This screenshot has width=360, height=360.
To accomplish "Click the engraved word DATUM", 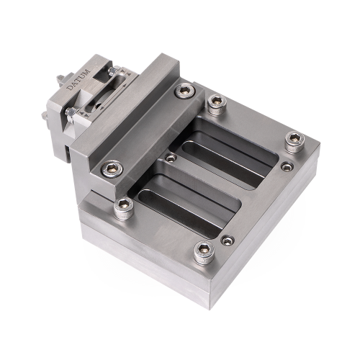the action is pyautogui.click(x=78, y=79).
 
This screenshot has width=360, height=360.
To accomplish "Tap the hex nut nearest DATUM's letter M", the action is pyautogui.click(x=112, y=71).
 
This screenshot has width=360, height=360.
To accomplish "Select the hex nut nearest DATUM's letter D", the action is pyautogui.click(x=71, y=113).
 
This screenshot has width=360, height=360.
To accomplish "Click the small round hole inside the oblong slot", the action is pyautogui.click(x=97, y=106).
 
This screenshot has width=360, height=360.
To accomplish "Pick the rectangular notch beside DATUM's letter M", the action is pyautogui.click(x=103, y=76).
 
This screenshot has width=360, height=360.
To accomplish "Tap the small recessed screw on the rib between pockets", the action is pyautogui.click(x=171, y=158).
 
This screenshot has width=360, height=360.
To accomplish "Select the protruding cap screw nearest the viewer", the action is pyautogui.click(x=204, y=253).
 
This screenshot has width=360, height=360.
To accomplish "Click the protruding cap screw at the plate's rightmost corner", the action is pyautogui.click(x=295, y=142).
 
